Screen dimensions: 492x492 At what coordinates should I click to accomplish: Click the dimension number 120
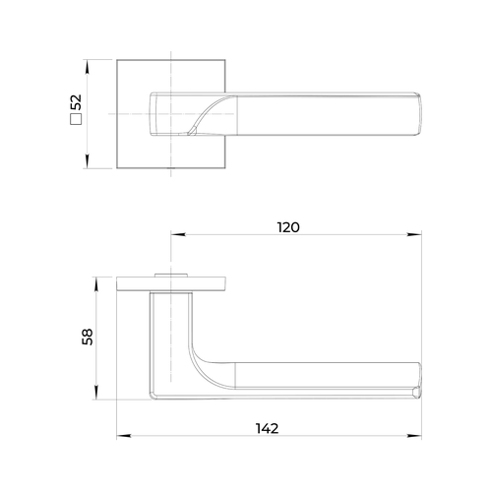pyautogui.click(x=288, y=227)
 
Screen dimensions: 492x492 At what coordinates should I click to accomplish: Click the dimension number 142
pyautogui.click(x=267, y=428)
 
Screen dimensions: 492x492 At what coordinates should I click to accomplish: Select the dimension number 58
pyautogui.click(x=88, y=337)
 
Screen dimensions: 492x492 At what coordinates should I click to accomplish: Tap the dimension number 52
pyautogui.click(x=76, y=102)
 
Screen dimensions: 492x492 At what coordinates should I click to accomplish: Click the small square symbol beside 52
pyautogui.click(x=76, y=119)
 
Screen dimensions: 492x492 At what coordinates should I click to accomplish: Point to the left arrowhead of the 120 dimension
pyautogui.click(x=178, y=234)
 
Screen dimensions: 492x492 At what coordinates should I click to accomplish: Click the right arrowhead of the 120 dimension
pyautogui.click(x=414, y=234)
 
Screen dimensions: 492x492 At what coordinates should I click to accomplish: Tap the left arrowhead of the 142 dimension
pyautogui.click(x=124, y=436)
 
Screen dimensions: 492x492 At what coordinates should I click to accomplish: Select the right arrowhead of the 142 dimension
pyautogui.click(x=414, y=436)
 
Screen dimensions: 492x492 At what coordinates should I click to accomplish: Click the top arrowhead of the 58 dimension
pyautogui.click(x=95, y=284)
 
